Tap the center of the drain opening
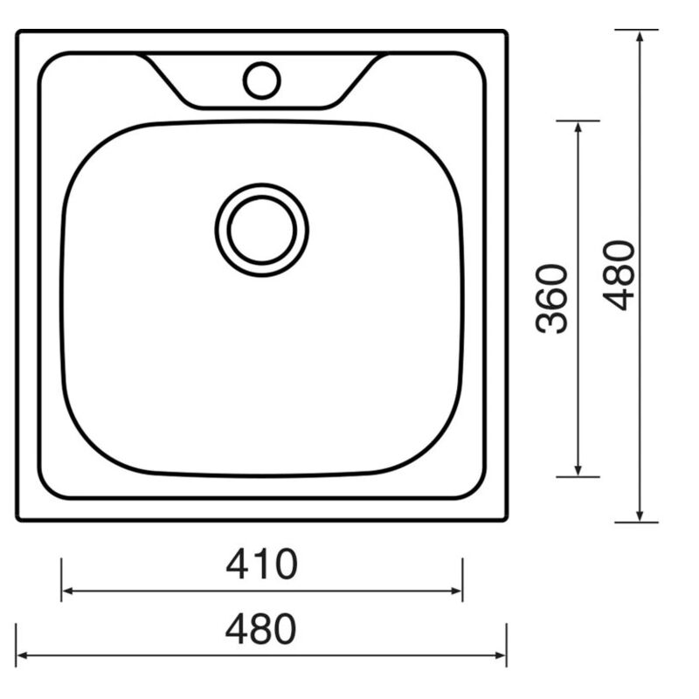(261, 230)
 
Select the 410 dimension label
(261, 565)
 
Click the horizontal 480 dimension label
(261, 630)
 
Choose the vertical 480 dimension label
(621, 275)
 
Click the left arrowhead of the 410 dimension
(66, 592)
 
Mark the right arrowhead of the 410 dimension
(457, 592)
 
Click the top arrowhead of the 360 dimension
(578, 127)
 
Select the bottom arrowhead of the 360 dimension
(578, 471)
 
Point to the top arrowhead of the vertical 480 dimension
(640, 37)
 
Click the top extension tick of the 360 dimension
(578, 121)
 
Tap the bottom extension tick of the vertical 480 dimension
(637, 523)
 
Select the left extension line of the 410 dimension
(61, 578)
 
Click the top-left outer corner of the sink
(18, 32)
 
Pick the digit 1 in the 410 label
(262, 565)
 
